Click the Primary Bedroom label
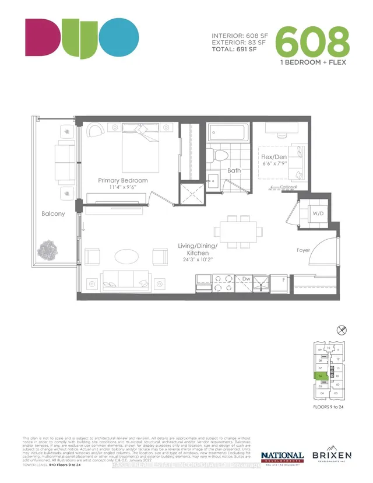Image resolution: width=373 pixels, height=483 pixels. (x=122, y=181)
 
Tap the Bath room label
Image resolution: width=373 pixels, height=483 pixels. (x=234, y=171)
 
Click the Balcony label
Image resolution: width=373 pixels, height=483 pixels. (x=53, y=214)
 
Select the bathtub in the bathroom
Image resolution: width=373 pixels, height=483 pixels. (x=229, y=132)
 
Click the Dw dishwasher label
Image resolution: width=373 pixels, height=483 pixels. (x=247, y=279)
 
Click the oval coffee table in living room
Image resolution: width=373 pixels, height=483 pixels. (x=126, y=256)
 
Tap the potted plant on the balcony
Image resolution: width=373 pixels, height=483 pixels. (x=48, y=251)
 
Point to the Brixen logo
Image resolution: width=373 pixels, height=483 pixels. (x=332, y=455)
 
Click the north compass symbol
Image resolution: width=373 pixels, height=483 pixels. (x=342, y=330)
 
